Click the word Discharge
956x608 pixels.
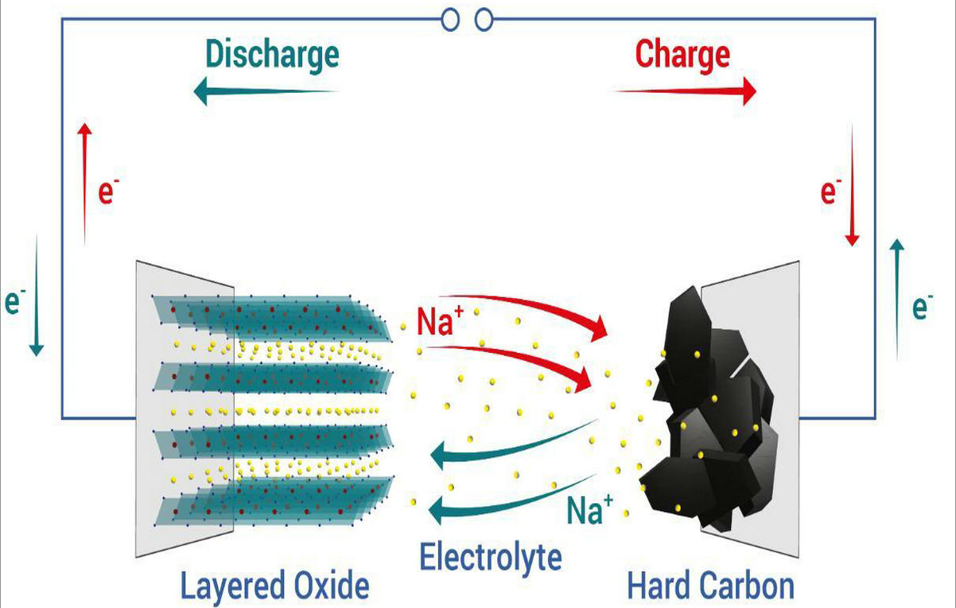pos(272,55)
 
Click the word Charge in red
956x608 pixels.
pos(682,55)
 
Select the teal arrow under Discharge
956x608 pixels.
pos(266,91)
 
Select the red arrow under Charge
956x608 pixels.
pos(685,91)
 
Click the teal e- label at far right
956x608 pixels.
pos(921,306)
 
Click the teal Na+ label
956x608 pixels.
pos(589,509)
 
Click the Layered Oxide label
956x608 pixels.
pos(274,587)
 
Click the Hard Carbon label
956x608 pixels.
pos(710,587)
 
